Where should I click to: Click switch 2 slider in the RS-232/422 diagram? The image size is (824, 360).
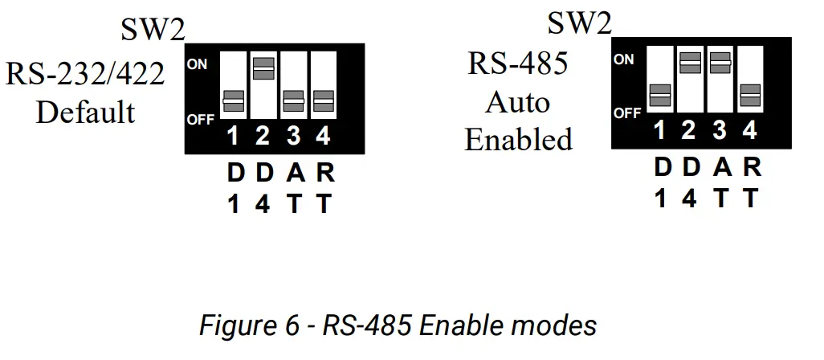[263, 69]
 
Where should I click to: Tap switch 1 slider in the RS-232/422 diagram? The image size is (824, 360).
[234, 100]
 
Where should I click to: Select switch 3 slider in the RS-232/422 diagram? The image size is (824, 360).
[293, 100]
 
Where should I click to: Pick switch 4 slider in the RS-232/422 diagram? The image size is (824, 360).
[323, 100]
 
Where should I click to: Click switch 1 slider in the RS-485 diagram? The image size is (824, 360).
[659, 95]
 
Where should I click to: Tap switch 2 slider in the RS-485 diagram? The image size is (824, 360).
[689, 63]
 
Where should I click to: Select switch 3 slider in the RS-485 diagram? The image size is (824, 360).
[720, 63]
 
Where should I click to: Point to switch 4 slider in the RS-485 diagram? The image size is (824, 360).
[749, 95]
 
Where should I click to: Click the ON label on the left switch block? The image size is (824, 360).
[198, 63]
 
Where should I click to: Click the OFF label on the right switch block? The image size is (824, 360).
[627, 113]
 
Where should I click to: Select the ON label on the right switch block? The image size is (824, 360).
[623, 59]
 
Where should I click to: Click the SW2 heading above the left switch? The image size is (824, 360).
[153, 31]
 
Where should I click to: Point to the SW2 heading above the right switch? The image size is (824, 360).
[579, 23]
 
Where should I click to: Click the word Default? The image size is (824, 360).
[86, 112]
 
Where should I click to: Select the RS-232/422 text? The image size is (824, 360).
[85, 75]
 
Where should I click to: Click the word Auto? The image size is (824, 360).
[518, 102]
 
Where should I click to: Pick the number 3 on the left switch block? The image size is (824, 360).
[293, 137]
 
